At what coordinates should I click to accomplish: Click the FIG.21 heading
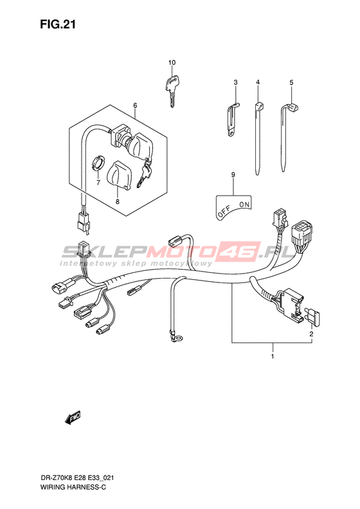pyautogui.click(x=58, y=24)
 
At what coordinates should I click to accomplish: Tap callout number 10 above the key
pyautogui.click(x=172, y=62)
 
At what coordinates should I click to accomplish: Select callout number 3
pyautogui.click(x=236, y=82)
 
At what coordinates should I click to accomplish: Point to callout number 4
pyautogui.click(x=258, y=82)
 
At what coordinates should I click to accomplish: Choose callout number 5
pyautogui.click(x=291, y=83)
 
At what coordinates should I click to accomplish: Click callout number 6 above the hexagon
pyautogui.click(x=135, y=105)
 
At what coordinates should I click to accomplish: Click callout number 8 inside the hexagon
pyautogui.click(x=118, y=201)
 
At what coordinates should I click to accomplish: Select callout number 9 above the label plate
pyautogui.click(x=233, y=175)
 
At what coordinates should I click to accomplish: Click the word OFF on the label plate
pyautogui.click(x=224, y=212)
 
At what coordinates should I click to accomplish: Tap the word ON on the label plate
pyautogui.click(x=244, y=205)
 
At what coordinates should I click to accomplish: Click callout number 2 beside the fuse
pyautogui.click(x=311, y=334)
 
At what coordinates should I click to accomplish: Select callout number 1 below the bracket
pyautogui.click(x=273, y=356)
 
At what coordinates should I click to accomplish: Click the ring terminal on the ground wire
pyautogui.click(x=175, y=337)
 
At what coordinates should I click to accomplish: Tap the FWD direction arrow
pyautogui.click(x=73, y=418)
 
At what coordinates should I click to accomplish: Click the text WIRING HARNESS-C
pyautogui.click(x=73, y=487)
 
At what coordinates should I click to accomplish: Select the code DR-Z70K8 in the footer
pyautogui.click(x=54, y=478)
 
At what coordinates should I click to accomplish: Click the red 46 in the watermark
pyautogui.click(x=240, y=252)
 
